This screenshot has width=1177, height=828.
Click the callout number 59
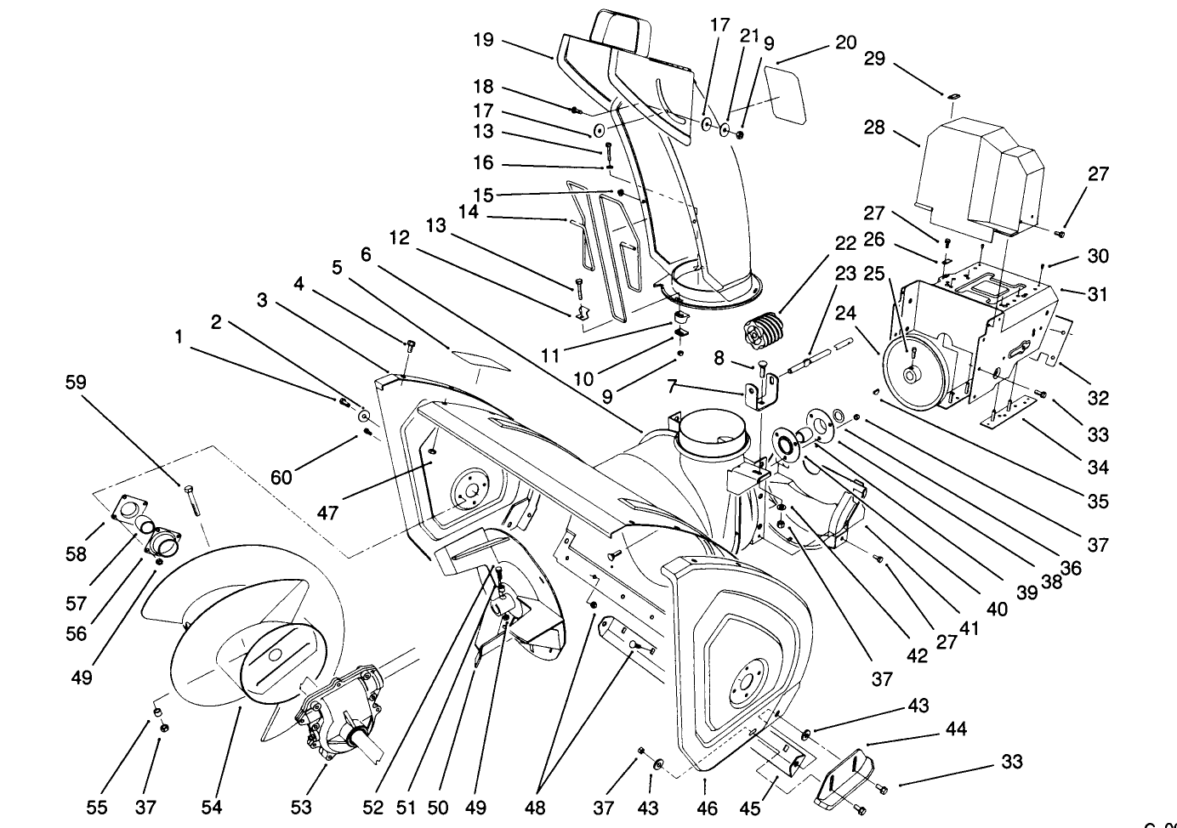(x=76, y=383)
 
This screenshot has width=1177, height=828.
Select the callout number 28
(x=874, y=128)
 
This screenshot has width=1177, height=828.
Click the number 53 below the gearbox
(x=301, y=807)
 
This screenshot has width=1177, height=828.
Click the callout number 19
(x=483, y=39)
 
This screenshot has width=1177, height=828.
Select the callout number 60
(x=281, y=477)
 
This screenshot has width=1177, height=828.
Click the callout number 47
(x=328, y=513)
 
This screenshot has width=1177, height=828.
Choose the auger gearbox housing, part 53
(x=336, y=714)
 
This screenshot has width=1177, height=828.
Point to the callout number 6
(x=366, y=254)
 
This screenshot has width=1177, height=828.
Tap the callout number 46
(x=707, y=808)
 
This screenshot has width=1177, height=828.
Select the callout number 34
(x=1098, y=467)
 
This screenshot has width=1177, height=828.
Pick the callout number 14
(x=469, y=212)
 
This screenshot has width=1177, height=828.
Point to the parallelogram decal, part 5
(x=482, y=359)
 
